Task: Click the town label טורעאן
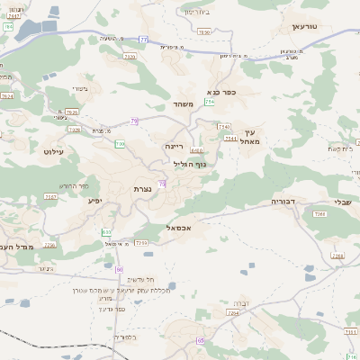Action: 305,27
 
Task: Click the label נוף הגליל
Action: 190,164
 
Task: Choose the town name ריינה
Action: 174,145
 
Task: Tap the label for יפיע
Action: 96,201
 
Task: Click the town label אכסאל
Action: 181,229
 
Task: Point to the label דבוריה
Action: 290,202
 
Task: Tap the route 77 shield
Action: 143,40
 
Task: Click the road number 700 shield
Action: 121,144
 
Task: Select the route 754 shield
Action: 209,102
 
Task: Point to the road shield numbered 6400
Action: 196,150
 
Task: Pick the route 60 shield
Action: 119,269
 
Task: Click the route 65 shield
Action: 200,340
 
